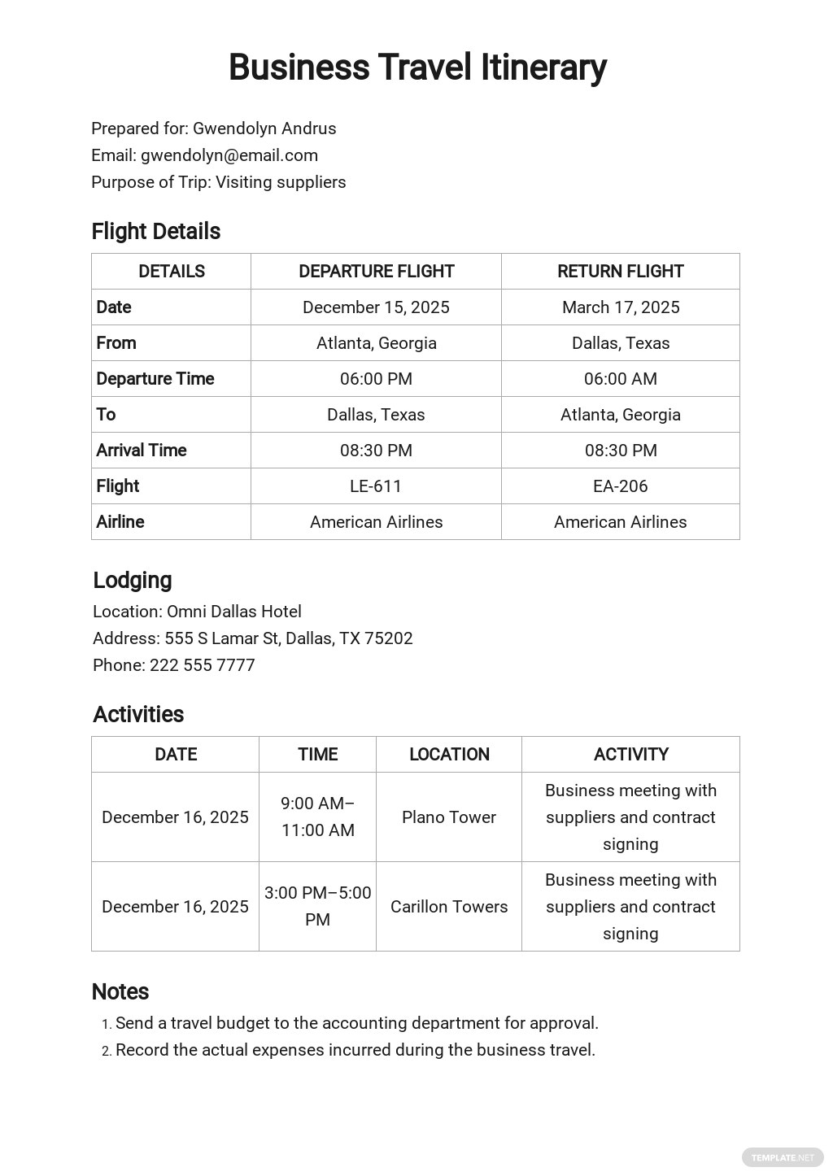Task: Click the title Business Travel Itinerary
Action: (416, 68)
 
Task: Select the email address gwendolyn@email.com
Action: (229, 155)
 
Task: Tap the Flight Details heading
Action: (155, 232)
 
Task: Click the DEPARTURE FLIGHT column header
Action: (376, 272)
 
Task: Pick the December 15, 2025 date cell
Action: (376, 307)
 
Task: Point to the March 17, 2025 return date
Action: (620, 307)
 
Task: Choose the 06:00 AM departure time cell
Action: (620, 379)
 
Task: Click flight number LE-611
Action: (376, 486)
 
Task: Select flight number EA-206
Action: (620, 486)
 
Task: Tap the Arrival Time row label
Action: (142, 451)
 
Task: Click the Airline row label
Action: (120, 522)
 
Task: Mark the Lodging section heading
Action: (133, 581)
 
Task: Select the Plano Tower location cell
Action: (448, 817)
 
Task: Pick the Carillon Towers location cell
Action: (448, 907)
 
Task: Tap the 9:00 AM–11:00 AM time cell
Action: (317, 817)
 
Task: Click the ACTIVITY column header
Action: (630, 755)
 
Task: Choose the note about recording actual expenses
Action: (355, 1050)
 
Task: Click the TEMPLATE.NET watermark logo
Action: (782, 1157)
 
